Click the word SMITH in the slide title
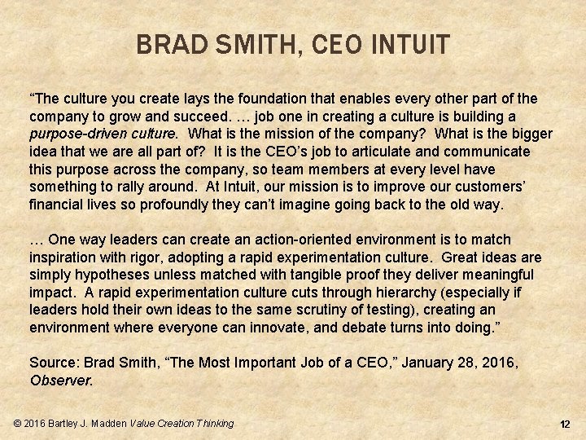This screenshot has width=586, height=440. pos(251,43)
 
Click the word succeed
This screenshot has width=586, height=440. pos(186,117)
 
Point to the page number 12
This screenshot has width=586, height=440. pos(565,425)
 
